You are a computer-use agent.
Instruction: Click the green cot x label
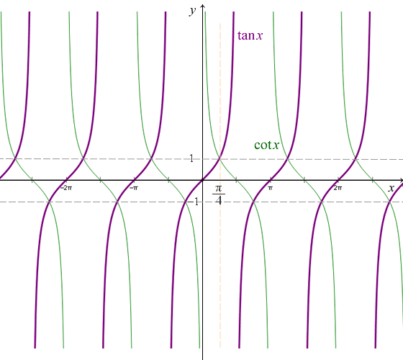click(x=266, y=145)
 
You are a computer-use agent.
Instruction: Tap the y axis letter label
click(x=192, y=9)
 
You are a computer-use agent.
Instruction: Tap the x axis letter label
click(x=391, y=188)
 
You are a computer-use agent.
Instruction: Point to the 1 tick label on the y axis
click(x=192, y=158)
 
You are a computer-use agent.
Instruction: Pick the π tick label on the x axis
click(x=271, y=187)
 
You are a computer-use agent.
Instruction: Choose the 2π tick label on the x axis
click(x=338, y=187)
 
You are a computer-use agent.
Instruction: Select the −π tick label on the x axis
click(x=134, y=187)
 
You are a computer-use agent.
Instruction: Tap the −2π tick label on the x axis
click(x=66, y=187)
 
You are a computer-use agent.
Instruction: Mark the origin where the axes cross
click(x=203, y=180)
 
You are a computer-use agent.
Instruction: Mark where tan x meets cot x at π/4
click(x=220, y=158)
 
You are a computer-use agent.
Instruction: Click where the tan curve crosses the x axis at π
click(x=271, y=180)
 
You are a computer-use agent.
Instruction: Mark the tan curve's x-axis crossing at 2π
click(x=338, y=180)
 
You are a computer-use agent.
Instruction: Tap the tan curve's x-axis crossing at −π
click(x=135, y=180)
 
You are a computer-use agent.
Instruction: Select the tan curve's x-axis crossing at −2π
click(x=68, y=180)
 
